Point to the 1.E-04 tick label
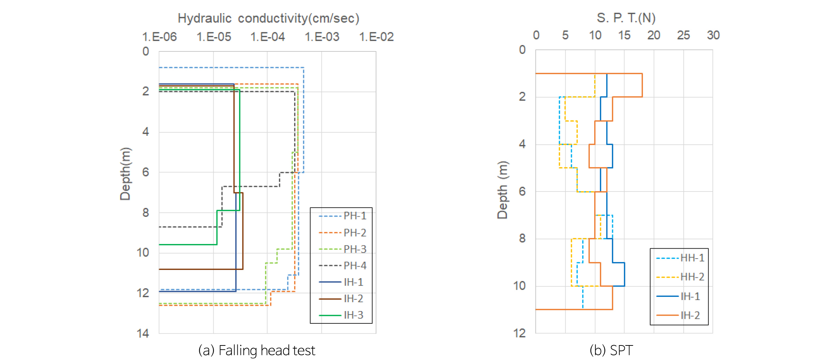click(268, 37)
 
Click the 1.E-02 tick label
click(376, 37)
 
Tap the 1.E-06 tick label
click(159, 37)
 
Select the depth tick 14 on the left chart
click(143, 333)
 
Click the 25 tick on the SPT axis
click(683, 35)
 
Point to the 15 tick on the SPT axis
click(624, 35)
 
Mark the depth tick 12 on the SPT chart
click(520, 333)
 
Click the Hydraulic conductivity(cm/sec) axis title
click(268, 18)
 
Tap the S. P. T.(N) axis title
click(626, 18)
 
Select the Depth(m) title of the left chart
click(125, 174)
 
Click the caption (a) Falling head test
click(257, 350)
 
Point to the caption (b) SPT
click(611, 350)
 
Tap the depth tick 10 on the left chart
click(143, 253)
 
